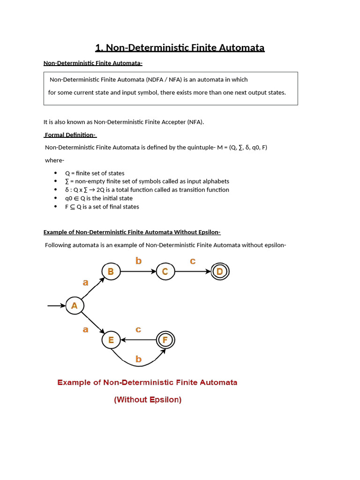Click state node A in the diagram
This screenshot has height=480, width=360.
coord(74,306)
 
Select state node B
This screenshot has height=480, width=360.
coord(111,271)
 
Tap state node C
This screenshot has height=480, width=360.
coord(165,271)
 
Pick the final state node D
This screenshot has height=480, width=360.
coord(220,271)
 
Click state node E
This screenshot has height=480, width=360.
coord(111,340)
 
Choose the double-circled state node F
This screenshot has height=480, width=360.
coord(165,340)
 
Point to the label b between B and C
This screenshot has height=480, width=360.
coord(138,261)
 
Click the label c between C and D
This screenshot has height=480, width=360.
coord(193,261)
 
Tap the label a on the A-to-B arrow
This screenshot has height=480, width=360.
coord(85,282)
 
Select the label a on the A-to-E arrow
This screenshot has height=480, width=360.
coord(85,330)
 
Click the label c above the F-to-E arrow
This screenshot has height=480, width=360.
coord(138,330)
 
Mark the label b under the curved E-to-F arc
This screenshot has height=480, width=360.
coord(138,360)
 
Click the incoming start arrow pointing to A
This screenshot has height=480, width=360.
coord(56,306)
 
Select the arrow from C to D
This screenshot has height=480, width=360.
coord(192,271)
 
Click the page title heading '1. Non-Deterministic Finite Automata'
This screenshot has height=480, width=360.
coord(180,48)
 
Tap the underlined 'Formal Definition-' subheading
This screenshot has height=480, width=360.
coord(70,135)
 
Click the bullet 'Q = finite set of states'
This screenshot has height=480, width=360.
coord(95,173)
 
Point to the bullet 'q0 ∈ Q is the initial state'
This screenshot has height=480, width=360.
coord(98,198)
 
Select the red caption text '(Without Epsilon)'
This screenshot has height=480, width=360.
coord(148,400)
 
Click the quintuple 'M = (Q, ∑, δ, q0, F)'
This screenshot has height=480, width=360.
coord(242,147)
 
